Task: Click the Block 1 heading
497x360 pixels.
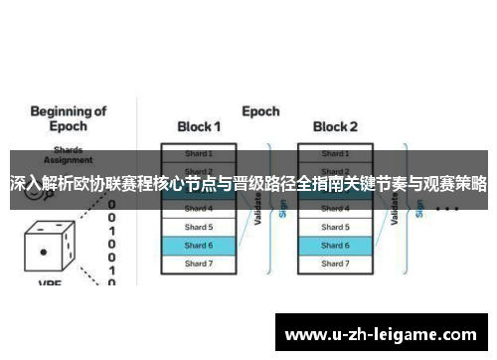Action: click(x=198, y=127)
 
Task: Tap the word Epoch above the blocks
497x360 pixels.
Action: click(x=260, y=111)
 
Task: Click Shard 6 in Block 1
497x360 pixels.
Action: click(x=198, y=245)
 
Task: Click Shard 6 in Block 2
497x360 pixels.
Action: click(x=335, y=245)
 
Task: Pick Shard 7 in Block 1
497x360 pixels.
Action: click(x=198, y=263)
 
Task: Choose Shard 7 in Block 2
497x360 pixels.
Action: click(x=335, y=263)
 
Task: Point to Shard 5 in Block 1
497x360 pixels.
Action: click(x=198, y=227)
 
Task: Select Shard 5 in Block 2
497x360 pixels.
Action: click(x=335, y=227)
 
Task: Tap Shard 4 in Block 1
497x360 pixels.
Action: click(x=198, y=209)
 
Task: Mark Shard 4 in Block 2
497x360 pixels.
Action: click(x=335, y=209)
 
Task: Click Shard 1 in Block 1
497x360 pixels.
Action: click(x=198, y=154)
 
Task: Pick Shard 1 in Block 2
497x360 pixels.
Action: click(x=335, y=154)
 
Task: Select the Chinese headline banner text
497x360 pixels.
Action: click(x=248, y=184)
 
